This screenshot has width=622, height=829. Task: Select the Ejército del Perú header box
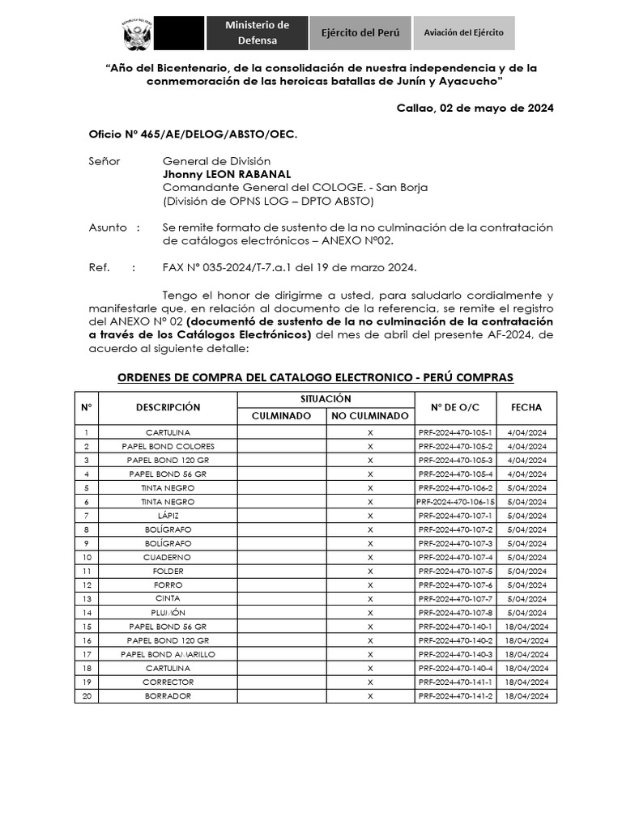(360, 33)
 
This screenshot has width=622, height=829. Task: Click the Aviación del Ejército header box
(463, 32)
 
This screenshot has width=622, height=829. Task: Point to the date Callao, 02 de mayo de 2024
(475, 109)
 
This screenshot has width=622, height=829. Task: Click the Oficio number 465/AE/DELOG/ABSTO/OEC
(193, 135)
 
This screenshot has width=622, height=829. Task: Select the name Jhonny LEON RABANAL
(226, 174)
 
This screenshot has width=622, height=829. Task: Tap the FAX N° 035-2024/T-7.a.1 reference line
(289, 267)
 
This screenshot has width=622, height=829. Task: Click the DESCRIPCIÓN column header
(168, 407)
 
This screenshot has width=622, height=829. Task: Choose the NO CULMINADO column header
(369, 415)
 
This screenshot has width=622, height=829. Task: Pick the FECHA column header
(526, 407)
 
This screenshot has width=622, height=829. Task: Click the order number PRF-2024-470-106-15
(455, 502)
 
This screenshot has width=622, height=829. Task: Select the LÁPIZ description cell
(168, 516)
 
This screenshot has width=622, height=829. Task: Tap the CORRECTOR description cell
(168, 682)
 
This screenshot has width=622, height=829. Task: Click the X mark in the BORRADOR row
(370, 696)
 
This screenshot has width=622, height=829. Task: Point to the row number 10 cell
(87, 558)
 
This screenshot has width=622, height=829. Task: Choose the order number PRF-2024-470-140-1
(455, 627)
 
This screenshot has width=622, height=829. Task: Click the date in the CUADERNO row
(526, 558)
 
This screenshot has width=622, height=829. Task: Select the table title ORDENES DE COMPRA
(315, 378)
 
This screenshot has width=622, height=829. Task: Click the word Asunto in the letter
(108, 227)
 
